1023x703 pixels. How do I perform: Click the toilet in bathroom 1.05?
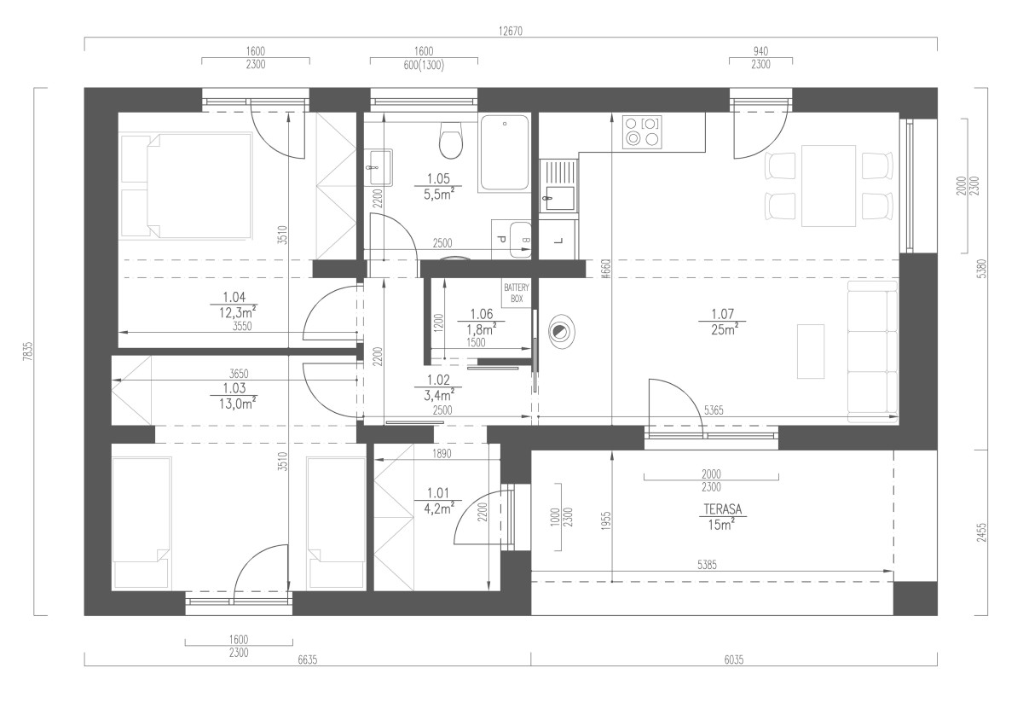(x=450, y=140)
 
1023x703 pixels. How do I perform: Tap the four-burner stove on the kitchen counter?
(x=642, y=131)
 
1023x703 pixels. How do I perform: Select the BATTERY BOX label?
(x=517, y=293)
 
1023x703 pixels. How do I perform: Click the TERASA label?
(x=723, y=509)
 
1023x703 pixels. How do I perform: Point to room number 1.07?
(x=723, y=314)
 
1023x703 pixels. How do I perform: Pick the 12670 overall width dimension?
(x=510, y=31)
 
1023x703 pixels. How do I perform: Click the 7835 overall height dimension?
(x=28, y=351)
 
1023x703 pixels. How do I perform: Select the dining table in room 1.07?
(x=829, y=186)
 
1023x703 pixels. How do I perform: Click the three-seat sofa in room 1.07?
(x=873, y=351)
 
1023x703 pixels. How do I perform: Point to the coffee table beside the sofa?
(x=811, y=351)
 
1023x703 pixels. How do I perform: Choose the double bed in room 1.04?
(x=186, y=186)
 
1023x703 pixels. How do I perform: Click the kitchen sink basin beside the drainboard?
(x=559, y=199)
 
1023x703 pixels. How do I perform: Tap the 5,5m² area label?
(x=438, y=195)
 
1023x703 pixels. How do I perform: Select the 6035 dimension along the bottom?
(x=734, y=659)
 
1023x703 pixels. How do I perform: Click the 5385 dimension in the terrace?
(x=707, y=565)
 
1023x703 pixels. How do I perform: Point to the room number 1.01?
(x=438, y=493)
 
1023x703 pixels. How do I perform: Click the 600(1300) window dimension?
(x=424, y=66)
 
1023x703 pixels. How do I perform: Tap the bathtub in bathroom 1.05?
(x=504, y=154)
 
